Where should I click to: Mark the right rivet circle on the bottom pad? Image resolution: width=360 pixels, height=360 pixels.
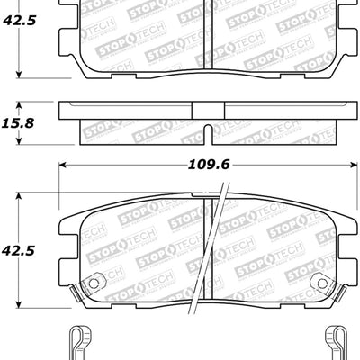coord(319,283)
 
